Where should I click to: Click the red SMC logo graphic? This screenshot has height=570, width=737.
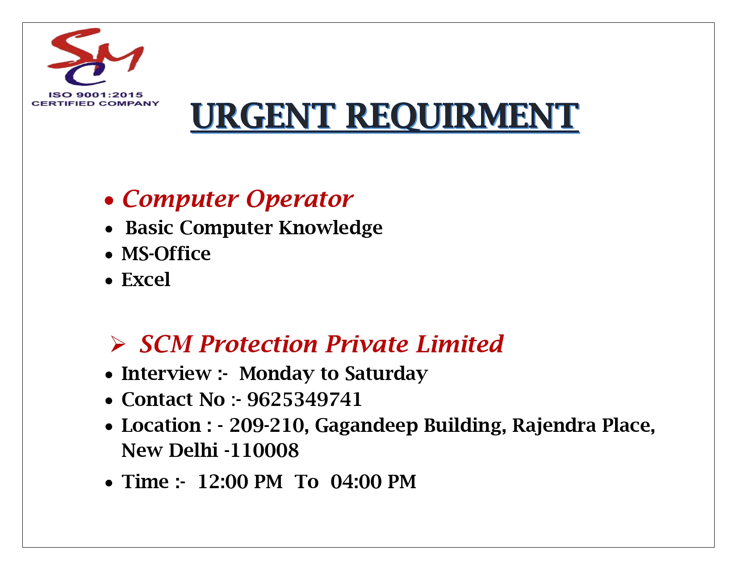[96, 56]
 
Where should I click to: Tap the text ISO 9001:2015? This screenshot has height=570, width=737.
[96, 95]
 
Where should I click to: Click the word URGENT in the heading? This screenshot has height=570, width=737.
[263, 116]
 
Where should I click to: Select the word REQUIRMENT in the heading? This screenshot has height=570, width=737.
[462, 116]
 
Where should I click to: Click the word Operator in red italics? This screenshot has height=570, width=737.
[299, 199]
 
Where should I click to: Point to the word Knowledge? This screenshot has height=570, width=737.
[331, 228]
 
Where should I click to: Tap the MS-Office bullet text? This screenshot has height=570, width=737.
[166, 253]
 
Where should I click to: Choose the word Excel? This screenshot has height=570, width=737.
[146, 280]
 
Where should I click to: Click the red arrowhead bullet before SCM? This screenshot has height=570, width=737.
[117, 344]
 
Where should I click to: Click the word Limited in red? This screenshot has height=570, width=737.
[460, 344]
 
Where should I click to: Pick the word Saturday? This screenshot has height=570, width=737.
[386, 374]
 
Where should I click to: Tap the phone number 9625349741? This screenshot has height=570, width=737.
[304, 399]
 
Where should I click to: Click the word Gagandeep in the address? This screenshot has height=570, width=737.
[366, 426]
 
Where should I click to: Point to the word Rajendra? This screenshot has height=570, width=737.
[554, 426]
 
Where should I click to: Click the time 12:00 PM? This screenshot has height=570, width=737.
[240, 482]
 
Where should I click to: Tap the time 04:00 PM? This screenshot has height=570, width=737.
[373, 482]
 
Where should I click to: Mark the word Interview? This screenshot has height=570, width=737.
[166, 373]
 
